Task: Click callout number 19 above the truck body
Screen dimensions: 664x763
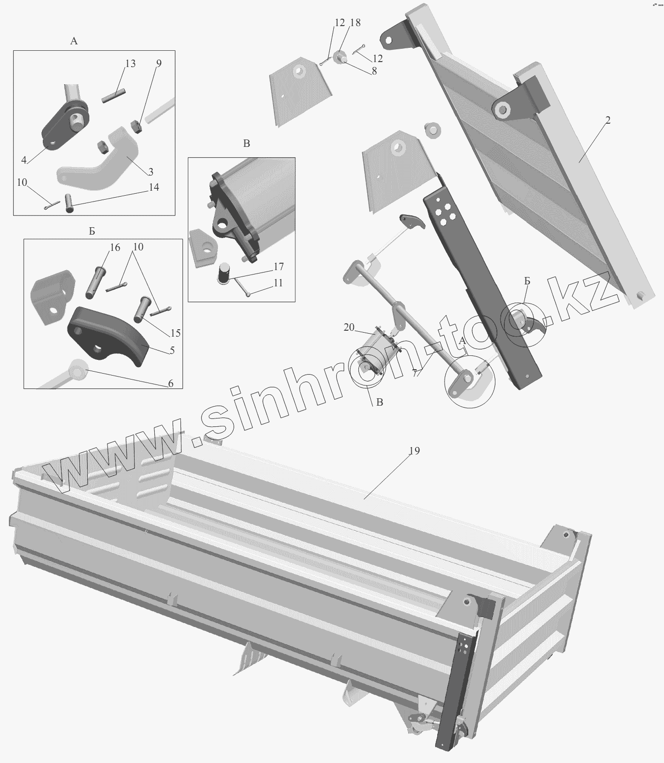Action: click(415, 451)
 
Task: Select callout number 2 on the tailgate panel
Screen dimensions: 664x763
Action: click(608, 120)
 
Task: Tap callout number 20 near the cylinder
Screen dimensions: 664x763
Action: click(349, 327)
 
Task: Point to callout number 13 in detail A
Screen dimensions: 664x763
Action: click(130, 64)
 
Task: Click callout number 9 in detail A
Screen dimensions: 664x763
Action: click(159, 64)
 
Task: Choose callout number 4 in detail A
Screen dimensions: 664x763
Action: click(24, 160)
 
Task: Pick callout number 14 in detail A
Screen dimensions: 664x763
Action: click(154, 187)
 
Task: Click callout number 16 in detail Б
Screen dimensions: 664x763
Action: click(115, 247)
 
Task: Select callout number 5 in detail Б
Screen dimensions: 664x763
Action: click(172, 350)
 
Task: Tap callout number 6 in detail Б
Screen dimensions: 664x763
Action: click(171, 383)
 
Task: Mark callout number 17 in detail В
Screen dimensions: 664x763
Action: click(279, 267)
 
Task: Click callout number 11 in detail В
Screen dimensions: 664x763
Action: click(278, 283)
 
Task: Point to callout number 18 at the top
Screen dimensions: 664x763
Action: click(355, 23)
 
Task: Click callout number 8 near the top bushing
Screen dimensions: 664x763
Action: click(374, 71)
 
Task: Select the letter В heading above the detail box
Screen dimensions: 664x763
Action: click(246, 144)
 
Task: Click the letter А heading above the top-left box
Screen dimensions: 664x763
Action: click(74, 41)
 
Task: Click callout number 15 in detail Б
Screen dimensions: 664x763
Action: click(175, 333)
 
